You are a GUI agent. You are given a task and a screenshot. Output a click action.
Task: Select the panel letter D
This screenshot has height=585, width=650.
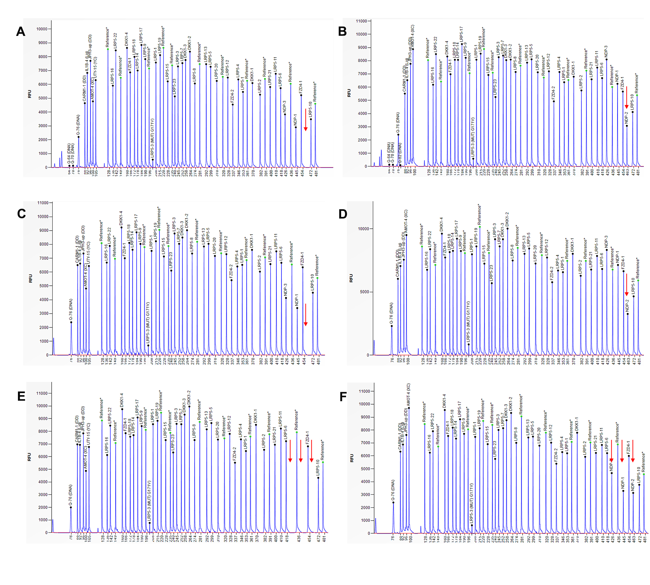tap(343, 214)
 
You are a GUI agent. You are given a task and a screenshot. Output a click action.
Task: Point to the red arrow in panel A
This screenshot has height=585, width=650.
tap(306, 120)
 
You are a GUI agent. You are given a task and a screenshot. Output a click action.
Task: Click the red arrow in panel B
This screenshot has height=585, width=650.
tap(626, 97)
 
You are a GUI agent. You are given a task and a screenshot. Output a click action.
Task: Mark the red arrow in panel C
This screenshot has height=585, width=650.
tap(306, 315)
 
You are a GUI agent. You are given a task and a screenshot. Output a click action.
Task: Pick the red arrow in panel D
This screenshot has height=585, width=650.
tap(626, 285)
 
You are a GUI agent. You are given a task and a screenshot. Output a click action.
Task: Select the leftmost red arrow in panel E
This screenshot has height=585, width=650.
tap(290, 451)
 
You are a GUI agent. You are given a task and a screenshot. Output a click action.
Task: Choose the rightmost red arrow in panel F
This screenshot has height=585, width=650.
tap(632, 451)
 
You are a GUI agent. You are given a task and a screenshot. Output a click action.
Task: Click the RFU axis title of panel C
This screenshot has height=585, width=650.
tap(31, 278)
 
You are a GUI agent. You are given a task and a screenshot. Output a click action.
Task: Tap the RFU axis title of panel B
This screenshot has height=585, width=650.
tap(349, 93)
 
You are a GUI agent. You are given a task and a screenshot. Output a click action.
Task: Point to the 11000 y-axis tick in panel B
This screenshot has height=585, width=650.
tap(361, 21)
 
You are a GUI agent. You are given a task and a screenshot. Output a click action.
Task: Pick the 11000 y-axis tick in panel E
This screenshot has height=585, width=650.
tap(42, 393)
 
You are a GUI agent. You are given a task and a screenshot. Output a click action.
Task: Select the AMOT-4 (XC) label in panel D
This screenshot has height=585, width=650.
tap(406, 222)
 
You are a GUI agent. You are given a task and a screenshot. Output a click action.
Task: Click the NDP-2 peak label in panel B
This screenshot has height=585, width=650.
tap(626, 117)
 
